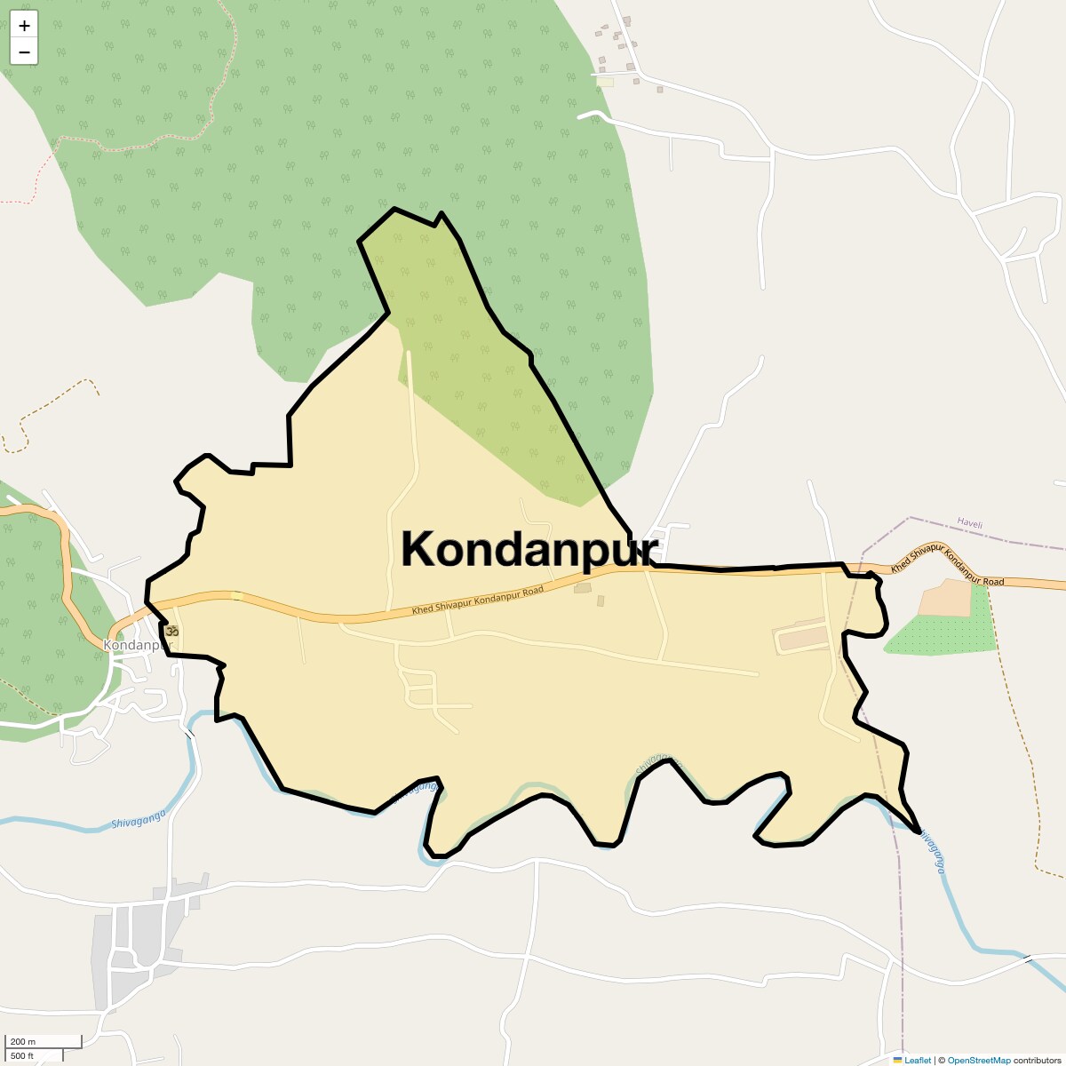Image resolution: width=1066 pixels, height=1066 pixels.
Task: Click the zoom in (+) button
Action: pos(24,26)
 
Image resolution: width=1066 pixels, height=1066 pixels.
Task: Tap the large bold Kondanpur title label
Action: pos(529,548)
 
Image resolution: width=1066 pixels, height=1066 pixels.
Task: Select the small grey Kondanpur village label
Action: pos(135,645)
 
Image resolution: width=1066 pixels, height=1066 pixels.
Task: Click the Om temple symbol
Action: pos(172,630)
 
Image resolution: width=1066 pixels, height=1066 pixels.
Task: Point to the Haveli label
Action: pos(970,524)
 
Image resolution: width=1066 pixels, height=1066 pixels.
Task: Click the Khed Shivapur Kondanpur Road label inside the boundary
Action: pos(477,601)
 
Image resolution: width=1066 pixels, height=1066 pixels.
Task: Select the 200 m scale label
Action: pos(24,1041)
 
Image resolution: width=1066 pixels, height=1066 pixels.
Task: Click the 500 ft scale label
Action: pos(23,1055)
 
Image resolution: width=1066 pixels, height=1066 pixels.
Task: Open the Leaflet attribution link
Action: pos(917,1060)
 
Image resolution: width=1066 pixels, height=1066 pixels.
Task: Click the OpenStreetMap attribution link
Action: pos(978,1060)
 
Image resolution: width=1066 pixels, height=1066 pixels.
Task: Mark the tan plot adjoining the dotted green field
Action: pos(945,598)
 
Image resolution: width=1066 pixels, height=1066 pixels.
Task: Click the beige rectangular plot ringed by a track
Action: pos(805,637)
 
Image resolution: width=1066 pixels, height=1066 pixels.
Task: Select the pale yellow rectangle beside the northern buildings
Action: pos(605,82)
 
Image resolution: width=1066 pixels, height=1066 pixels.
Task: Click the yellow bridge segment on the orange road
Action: pos(235,596)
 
